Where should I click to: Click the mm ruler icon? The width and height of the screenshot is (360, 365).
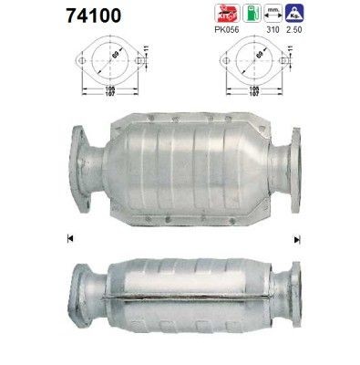pos(294,13)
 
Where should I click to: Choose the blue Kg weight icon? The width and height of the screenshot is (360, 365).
pos(320,13)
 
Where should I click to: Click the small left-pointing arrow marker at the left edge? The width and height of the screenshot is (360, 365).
pos(70,240)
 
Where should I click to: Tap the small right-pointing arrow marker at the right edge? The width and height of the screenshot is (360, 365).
pos(296,240)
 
